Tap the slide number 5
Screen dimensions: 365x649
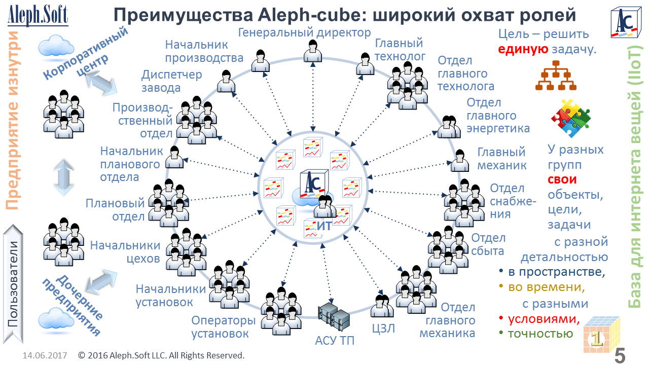[x=620, y=355]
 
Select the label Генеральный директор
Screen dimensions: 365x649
[x=305, y=33]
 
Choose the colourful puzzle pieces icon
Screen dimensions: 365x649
[x=571, y=119]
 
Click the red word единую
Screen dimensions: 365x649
[x=522, y=50]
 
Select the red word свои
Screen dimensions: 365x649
[x=562, y=179]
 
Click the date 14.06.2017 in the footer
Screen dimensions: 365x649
[x=44, y=355]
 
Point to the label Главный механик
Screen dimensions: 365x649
[x=502, y=159]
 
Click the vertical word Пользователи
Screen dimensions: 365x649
[x=14, y=284]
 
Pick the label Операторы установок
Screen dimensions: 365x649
[x=223, y=327]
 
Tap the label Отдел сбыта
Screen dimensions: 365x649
[x=489, y=244]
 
